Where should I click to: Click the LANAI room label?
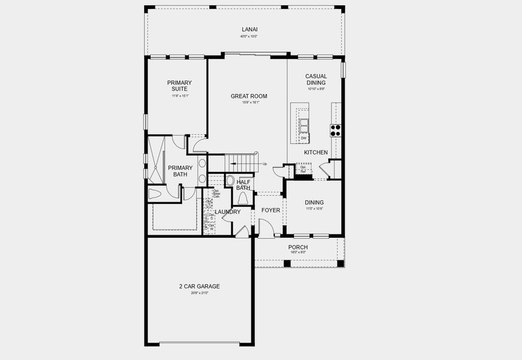tap(244, 29)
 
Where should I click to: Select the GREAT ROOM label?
tap(249, 96)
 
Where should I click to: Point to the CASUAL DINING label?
tap(316, 79)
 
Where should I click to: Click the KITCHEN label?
tap(316, 152)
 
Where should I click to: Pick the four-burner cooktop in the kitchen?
tap(335, 128)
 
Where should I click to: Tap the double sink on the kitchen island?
tap(304, 125)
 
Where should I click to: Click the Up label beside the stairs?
tap(265, 163)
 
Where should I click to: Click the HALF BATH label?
tap(243, 185)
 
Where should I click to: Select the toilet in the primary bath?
tap(154, 194)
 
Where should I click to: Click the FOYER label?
tap(271, 211)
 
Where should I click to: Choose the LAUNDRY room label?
tap(227, 212)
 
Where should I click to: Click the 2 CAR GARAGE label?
tap(199, 286)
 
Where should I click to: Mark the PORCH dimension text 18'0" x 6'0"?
tap(298, 253)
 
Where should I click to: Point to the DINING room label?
tap(314, 203)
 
